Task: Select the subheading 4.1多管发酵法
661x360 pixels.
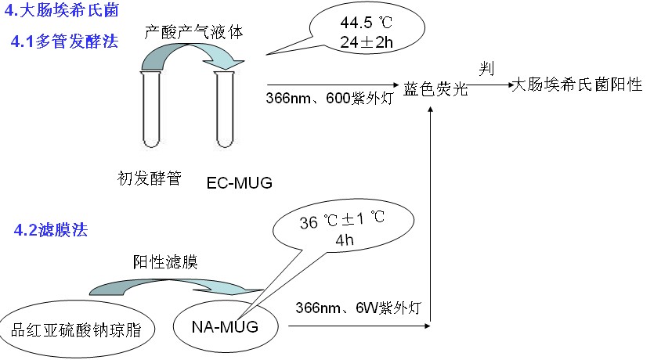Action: [64, 41]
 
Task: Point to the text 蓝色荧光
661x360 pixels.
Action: [435, 88]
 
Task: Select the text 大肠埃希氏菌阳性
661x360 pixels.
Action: [576, 85]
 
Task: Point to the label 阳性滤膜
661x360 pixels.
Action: [162, 262]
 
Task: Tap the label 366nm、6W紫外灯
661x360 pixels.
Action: [359, 308]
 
